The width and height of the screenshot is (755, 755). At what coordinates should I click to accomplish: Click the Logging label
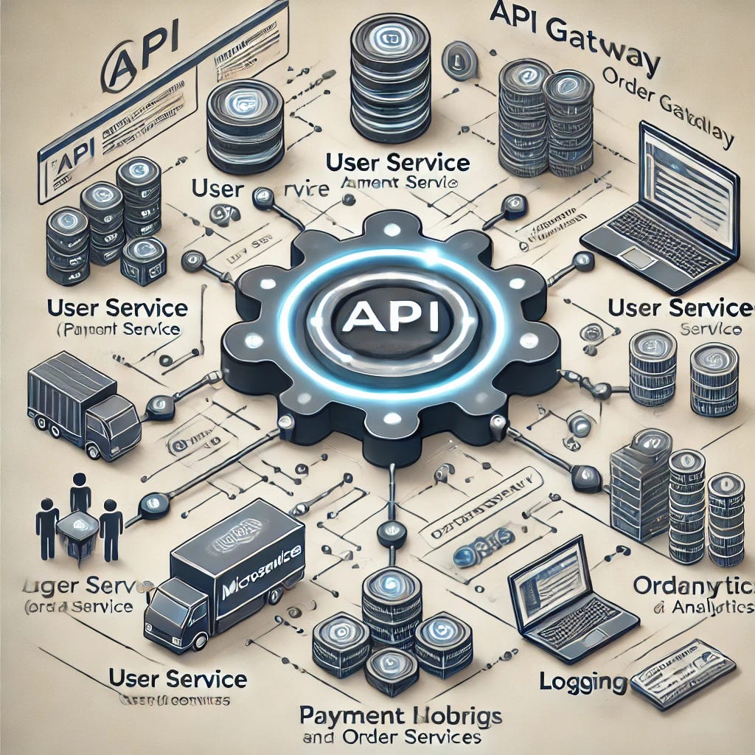(x=583, y=681)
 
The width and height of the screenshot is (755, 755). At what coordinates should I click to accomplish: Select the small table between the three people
(x=77, y=526)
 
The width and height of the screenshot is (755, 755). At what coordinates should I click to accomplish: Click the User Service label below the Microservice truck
(x=177, y=678)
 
